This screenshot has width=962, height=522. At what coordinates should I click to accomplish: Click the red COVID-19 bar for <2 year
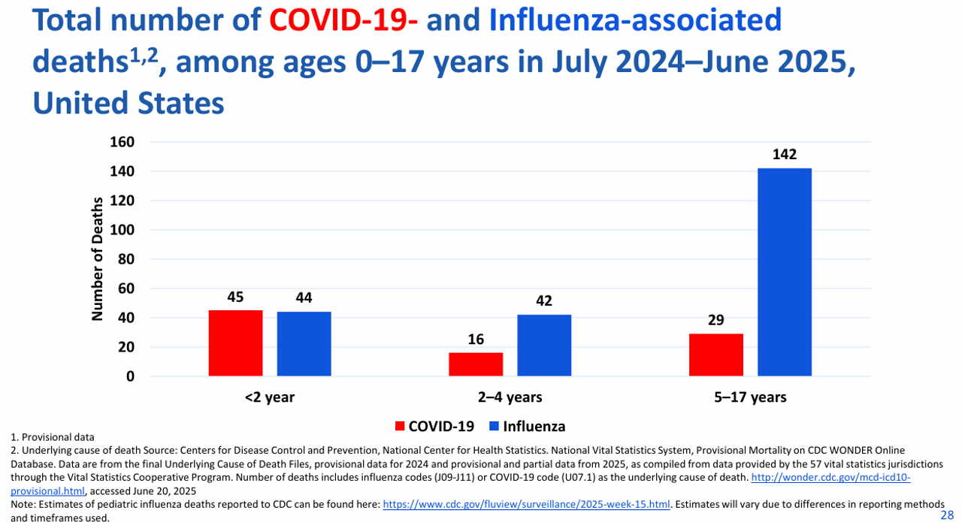pos(235,343)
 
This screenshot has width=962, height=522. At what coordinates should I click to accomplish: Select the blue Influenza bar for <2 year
pos(304,344)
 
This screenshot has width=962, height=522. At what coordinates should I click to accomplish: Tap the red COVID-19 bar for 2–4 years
pos(476,364)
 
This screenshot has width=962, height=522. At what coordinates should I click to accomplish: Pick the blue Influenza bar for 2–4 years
pos(544,345)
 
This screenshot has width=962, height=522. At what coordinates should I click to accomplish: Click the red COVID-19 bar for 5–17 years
pos(716,355)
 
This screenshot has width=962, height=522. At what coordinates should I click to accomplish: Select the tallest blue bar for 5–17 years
pos(785,272)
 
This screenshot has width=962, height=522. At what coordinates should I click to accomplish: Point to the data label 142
pos(785,154)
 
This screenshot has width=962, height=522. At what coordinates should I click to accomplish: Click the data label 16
pos(476,339)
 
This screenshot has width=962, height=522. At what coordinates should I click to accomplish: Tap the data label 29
pos(716,320)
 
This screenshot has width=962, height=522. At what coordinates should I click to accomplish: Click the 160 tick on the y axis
pos(123,142)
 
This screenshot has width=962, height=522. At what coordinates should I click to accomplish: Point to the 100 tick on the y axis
pos(123,230)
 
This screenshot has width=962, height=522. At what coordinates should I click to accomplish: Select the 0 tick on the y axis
pos(130,376)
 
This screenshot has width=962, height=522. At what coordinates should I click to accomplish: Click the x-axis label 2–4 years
pos(510,397)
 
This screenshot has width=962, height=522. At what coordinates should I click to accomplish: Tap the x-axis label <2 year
pos(270,397)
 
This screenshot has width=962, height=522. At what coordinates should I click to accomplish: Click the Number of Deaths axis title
pos(98,259)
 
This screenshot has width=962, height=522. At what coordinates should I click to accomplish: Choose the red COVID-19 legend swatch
pos(400,427)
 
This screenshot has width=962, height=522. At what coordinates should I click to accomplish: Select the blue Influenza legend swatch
pos(494,427)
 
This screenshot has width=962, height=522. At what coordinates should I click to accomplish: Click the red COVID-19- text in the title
pos(343,20)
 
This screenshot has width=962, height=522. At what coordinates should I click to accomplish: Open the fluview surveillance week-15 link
pos(526,504)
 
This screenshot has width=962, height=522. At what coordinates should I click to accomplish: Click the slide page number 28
pos(947,515)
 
